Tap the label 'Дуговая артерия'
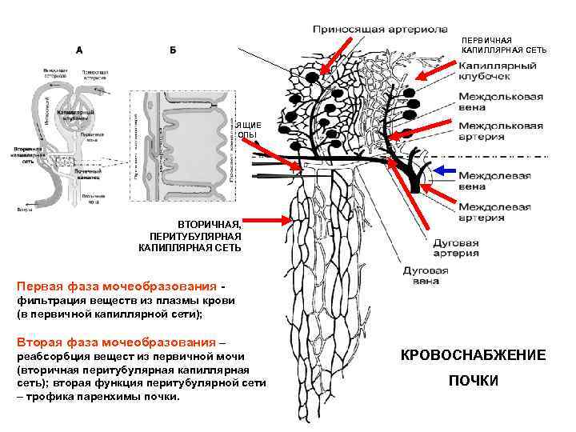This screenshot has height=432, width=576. point(456,247)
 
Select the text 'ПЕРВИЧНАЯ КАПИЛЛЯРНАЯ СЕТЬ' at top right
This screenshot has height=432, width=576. point(504,45)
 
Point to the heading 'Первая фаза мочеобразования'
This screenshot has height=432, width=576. point(116,286)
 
